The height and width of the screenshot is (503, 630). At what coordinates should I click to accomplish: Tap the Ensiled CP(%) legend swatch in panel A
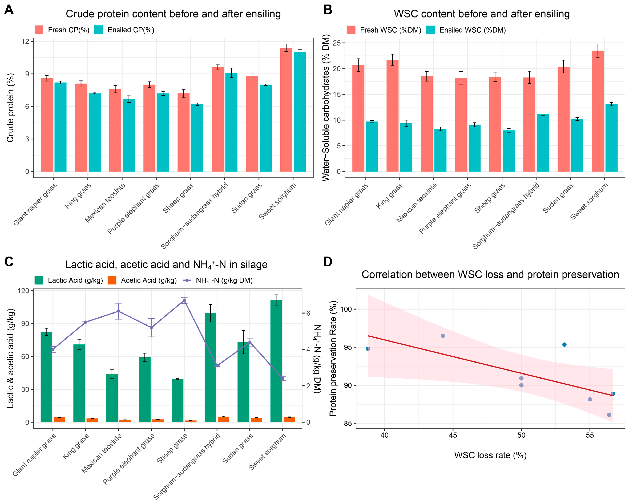(99, 30)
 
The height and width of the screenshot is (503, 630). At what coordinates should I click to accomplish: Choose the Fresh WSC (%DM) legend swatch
(351, 30)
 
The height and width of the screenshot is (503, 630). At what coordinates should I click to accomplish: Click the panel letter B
(328, 10)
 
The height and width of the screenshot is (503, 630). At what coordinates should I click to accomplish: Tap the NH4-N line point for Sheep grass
(184, 300)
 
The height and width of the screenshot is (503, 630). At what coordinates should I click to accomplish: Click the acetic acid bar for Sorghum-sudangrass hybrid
(224, 419)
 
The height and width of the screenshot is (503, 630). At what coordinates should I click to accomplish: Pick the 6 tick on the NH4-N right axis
(308, 313)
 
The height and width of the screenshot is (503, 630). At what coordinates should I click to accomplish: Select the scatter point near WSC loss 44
(443, 336)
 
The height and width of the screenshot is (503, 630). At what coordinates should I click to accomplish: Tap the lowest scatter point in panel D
(609, 415)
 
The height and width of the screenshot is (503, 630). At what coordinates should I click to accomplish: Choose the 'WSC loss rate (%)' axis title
(490, 455)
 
